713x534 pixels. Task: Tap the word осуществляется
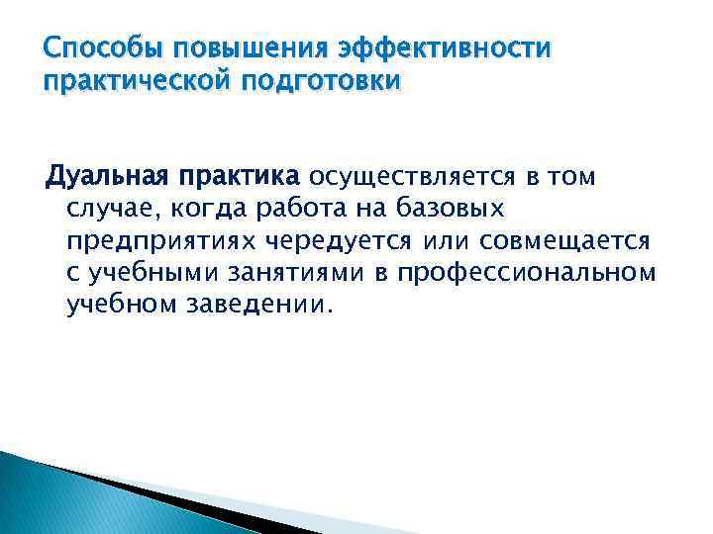pyautogui.click(x=411, y=177)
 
